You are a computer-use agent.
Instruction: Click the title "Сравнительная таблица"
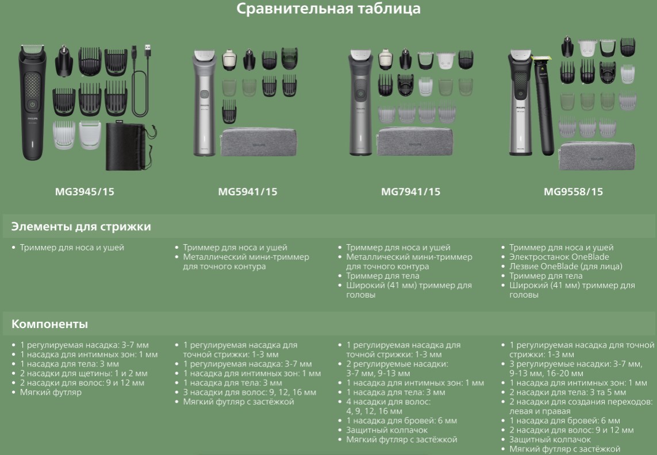point(328,9)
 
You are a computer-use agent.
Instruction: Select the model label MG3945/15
point(84,192)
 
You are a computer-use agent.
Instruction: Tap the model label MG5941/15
point(248,192)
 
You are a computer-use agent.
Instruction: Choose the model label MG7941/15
point(410,192)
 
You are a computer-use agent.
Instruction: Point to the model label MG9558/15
point(573,192)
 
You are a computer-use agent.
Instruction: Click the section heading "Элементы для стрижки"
point(81,227)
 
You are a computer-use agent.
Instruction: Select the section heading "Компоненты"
point(49,324)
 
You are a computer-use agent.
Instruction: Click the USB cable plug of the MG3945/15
point(148,52)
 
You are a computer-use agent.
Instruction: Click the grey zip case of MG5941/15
point(259,142)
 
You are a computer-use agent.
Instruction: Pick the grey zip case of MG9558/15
point(597,156)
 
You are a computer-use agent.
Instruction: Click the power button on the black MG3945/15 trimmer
point(32,105)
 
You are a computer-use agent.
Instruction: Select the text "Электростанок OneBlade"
point(559,257)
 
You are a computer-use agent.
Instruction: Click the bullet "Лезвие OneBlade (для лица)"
point(566,267)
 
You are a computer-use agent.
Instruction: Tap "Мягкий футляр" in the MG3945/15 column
point(51,392)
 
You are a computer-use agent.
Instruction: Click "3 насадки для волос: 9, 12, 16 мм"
point(249,392)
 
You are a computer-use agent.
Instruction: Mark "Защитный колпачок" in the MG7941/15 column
point(387,430)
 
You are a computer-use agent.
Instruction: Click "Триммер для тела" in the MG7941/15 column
point(383,276)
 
